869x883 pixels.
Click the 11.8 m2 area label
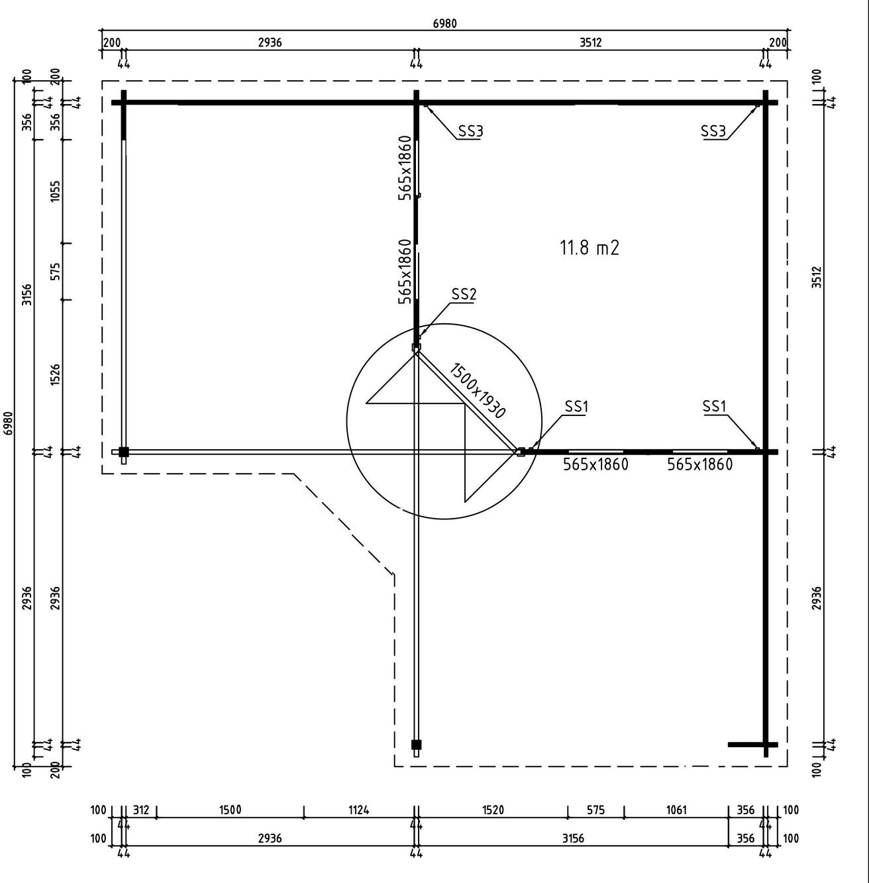point(589,248)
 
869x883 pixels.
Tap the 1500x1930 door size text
point(477,390)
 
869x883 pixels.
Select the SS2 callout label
point(464,294)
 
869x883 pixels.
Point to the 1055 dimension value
point(54,191)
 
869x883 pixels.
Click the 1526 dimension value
point(54,375)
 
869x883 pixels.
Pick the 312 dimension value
point(141,809)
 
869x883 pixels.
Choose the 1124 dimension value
point(358,809)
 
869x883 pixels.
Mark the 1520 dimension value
point(493,809)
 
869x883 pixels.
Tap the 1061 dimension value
point(676,809)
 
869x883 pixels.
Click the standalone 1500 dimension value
point(230,809)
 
